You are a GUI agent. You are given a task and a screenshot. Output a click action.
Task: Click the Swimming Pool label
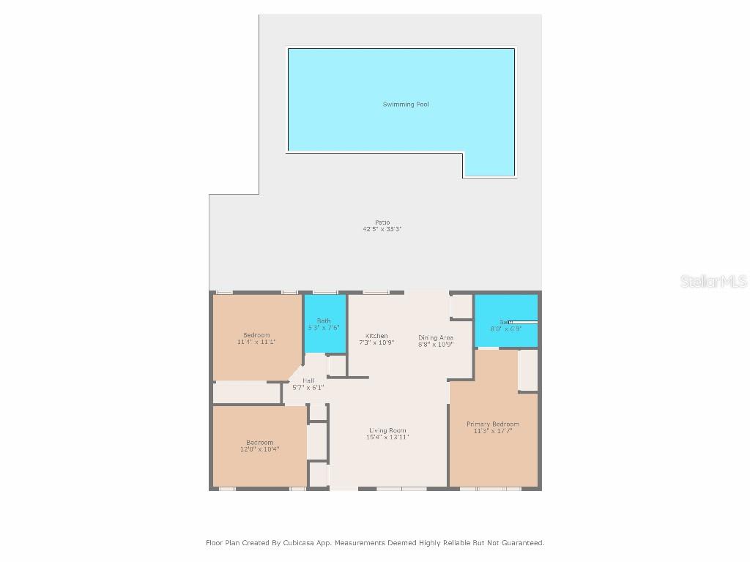(406, 105)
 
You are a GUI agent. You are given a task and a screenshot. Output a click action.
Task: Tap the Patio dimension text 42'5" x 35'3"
(382, 229)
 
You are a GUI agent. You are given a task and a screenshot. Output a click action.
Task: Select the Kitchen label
(376, 336)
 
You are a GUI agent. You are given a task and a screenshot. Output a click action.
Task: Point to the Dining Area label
(436, 337)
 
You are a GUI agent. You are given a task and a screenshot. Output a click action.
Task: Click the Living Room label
(387, 430)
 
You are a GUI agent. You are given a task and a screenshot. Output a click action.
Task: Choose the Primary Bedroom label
(493, 424)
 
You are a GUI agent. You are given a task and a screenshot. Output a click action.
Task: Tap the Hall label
(308, 381)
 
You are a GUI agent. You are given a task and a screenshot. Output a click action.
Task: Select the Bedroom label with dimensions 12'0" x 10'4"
(259, 443)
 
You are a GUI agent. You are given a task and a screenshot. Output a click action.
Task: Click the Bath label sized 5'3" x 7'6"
(324, 321)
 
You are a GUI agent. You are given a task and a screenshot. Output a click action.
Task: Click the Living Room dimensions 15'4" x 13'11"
(387, 438)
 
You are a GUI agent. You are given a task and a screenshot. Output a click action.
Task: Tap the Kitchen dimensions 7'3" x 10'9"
(376, 343)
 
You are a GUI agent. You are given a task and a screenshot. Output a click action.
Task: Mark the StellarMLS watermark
(713, 281)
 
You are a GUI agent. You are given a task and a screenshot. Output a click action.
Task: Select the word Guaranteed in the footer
(521, 543)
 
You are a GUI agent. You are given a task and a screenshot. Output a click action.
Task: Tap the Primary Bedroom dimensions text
(493, 432)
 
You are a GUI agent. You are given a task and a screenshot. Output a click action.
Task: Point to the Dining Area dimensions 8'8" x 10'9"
(436, 344)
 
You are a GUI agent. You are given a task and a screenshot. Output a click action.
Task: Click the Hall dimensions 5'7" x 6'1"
(308, 388)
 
